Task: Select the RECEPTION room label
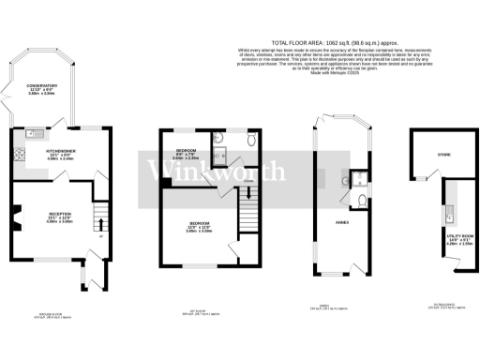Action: coord(48,215)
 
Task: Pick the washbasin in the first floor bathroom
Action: coord(218,139)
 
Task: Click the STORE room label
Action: coord(432,154)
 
